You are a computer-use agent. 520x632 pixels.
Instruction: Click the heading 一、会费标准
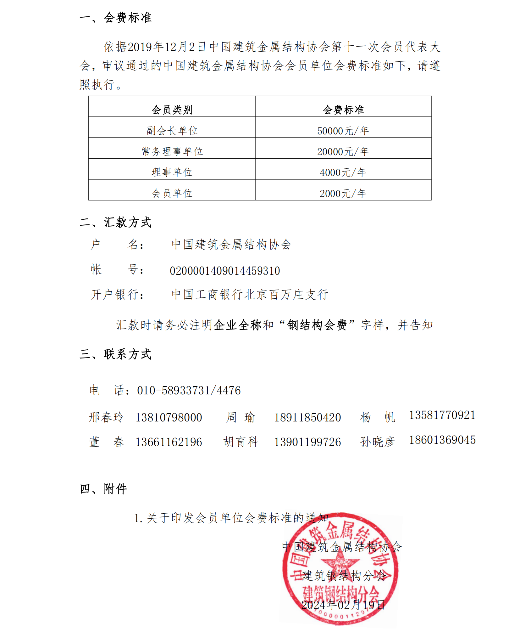115,18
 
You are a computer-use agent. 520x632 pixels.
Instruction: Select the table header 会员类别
172,110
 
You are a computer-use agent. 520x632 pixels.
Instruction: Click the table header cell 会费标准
343,110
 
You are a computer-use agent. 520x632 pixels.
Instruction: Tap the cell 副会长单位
172,131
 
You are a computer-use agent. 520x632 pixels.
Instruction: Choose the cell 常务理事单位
172,151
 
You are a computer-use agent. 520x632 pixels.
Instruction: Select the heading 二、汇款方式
115,222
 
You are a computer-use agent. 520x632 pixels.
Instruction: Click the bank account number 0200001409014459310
225,271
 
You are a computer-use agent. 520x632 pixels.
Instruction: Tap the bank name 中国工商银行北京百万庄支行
250,295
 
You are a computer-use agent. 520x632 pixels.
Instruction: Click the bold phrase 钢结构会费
317,325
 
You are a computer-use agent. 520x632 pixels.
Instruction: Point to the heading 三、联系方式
115,354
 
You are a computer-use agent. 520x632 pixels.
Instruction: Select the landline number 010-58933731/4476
189,391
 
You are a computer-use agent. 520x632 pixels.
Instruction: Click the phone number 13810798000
169,418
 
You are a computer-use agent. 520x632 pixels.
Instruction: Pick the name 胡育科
241,442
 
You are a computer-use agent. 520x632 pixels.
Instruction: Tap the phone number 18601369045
442,440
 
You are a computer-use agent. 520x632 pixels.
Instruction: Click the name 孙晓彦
377,442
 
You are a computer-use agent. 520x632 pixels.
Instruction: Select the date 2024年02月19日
343,605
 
